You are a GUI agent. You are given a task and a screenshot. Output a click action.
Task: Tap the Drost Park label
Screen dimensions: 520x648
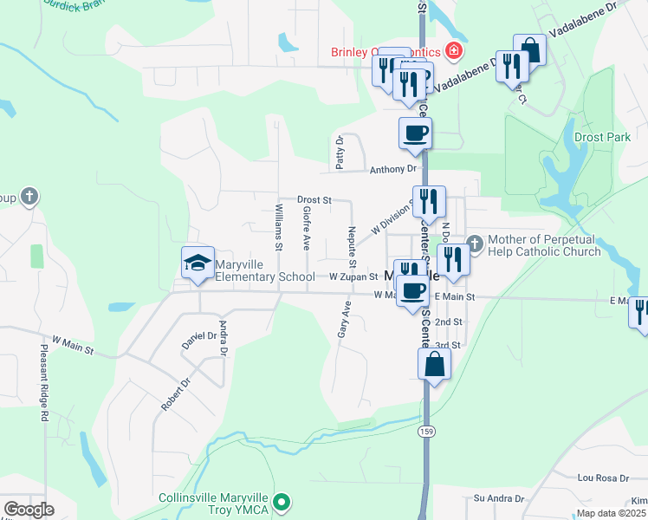point(599,137)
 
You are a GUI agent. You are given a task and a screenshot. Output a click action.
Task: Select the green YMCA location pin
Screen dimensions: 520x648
point(280,502)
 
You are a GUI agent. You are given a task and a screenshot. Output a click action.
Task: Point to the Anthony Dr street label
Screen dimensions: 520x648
point(393,170)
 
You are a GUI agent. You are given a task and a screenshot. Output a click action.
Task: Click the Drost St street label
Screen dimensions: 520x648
point(314,199)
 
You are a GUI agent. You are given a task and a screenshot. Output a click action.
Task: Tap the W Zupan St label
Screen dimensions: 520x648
point(353,277)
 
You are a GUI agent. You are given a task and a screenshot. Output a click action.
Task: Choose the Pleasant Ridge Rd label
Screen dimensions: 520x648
point(43,382)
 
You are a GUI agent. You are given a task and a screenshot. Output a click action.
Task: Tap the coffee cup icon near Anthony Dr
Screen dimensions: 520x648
point(415,133)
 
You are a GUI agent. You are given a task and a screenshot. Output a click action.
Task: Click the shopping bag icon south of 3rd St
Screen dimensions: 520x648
point(434,364)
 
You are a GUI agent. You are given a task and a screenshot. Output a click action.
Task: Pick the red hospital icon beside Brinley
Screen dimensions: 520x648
point(452,52)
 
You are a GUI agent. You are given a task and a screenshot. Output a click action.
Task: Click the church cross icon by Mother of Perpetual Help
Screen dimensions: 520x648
point(474,243)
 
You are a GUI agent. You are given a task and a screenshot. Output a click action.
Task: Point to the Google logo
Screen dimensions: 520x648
point(29,510)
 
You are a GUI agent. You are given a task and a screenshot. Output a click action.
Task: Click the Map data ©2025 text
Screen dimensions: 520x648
point(611,513)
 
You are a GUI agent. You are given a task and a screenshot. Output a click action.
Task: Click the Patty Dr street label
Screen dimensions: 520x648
point(340,152)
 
